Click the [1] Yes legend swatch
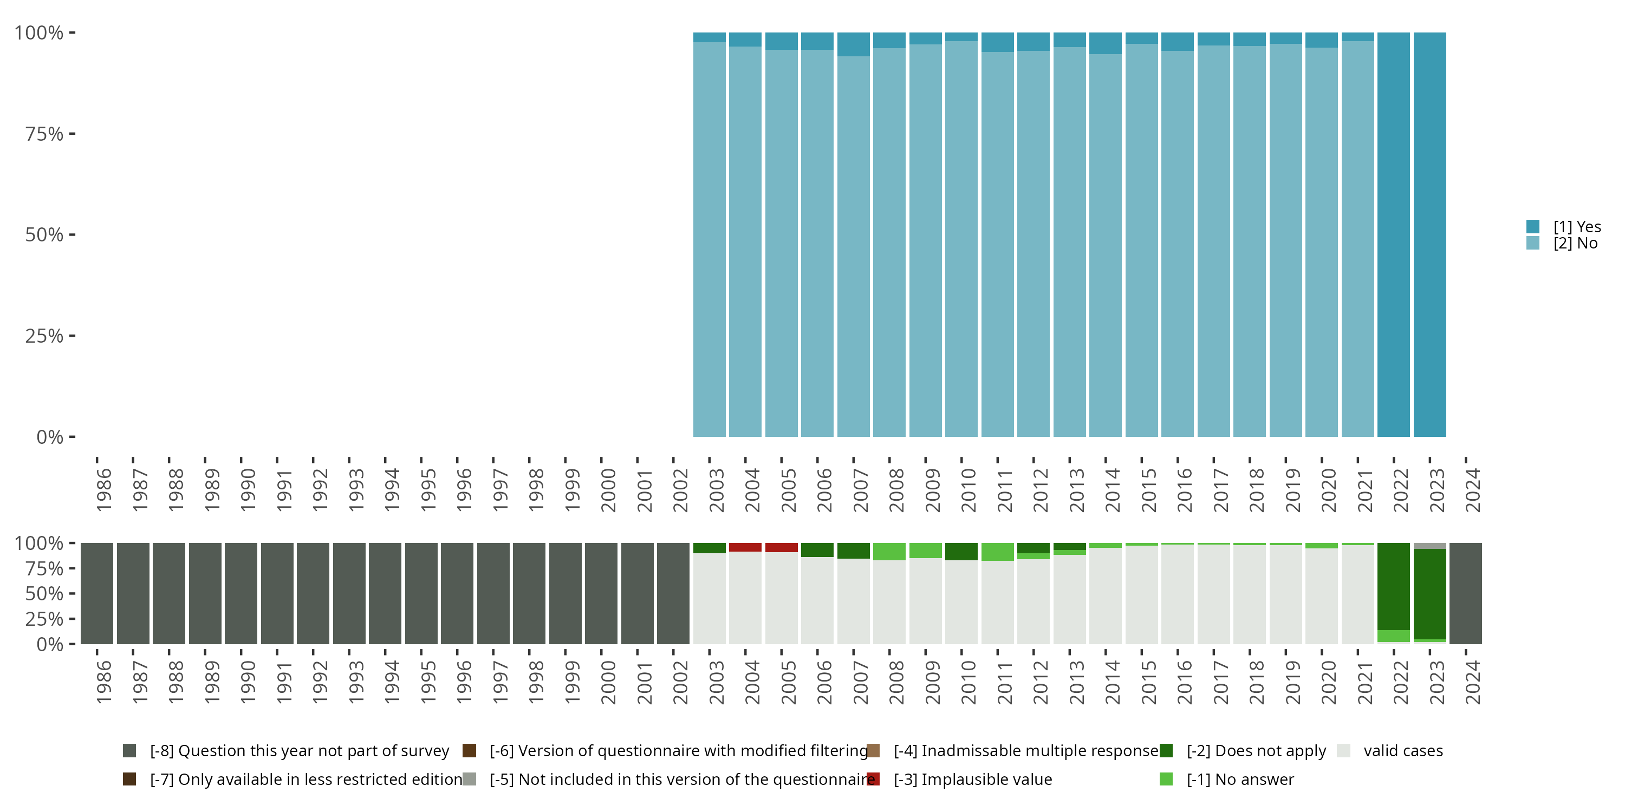tap(1533, 226)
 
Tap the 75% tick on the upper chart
tap(44, 134)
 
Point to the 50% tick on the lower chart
tap(44, 594)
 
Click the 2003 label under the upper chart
tap(717, 490)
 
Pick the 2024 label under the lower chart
tap(1472, 682)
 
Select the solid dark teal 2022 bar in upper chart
tap(1394, 234)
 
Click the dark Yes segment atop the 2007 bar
tap(854, 44)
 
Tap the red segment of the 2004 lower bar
tap(745, 547)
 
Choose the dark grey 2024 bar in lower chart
tap(1465, 593)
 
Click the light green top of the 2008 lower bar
tap(889, 551)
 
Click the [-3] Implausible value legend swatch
tap(873, 779)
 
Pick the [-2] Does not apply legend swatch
tap(1166, 751)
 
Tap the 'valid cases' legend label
tap(1403, 751)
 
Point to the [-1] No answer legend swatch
tap(1166, 779)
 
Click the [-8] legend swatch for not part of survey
tap(129, 751)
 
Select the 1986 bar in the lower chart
tap(96, 593)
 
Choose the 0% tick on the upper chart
tap(49, 437)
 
